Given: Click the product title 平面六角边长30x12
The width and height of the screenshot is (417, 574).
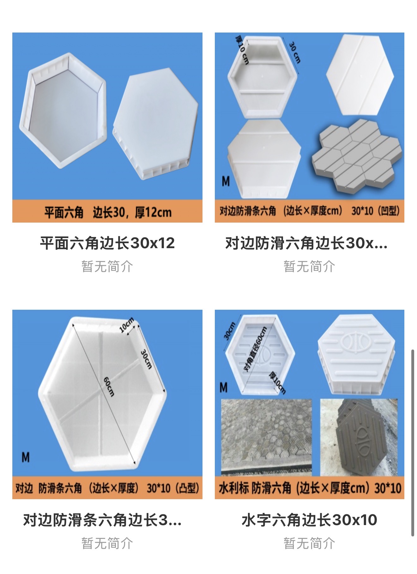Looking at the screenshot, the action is [x=107, y=243].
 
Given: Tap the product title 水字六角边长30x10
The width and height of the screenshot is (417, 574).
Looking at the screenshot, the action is [x=309, y=520].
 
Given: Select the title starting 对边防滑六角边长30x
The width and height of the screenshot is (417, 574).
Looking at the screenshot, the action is [x=306, y=243].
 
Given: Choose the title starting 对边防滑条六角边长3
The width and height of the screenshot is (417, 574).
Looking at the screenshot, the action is [x=102, y=520].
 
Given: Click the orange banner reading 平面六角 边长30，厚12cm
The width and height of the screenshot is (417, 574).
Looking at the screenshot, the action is [x=107, y=211].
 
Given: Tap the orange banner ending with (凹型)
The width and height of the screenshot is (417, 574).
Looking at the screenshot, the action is [x=310, y=211].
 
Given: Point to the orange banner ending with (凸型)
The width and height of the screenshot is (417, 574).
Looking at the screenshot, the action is [x=107, y=488].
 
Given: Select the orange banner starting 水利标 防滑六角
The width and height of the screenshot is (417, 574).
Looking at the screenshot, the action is [x=310, y=488].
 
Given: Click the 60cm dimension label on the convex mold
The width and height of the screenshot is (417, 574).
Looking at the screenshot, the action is [x=109, y=387].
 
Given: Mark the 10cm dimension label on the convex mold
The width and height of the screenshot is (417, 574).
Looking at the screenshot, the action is [x=126, y=325].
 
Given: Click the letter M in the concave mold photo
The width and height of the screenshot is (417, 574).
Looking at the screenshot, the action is [x=226, y=181].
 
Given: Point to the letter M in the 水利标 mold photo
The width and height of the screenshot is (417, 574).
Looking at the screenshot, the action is [x=223, y=387].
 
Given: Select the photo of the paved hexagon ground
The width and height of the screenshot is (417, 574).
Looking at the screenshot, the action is [x=266, y=437].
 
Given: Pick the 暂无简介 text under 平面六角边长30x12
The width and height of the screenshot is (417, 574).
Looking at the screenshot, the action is [x=107, y=266].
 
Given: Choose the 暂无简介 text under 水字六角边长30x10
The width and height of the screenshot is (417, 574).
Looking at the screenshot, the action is [x=309, y=543].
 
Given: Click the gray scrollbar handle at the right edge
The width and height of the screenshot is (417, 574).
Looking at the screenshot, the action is [x=413, y=443].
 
